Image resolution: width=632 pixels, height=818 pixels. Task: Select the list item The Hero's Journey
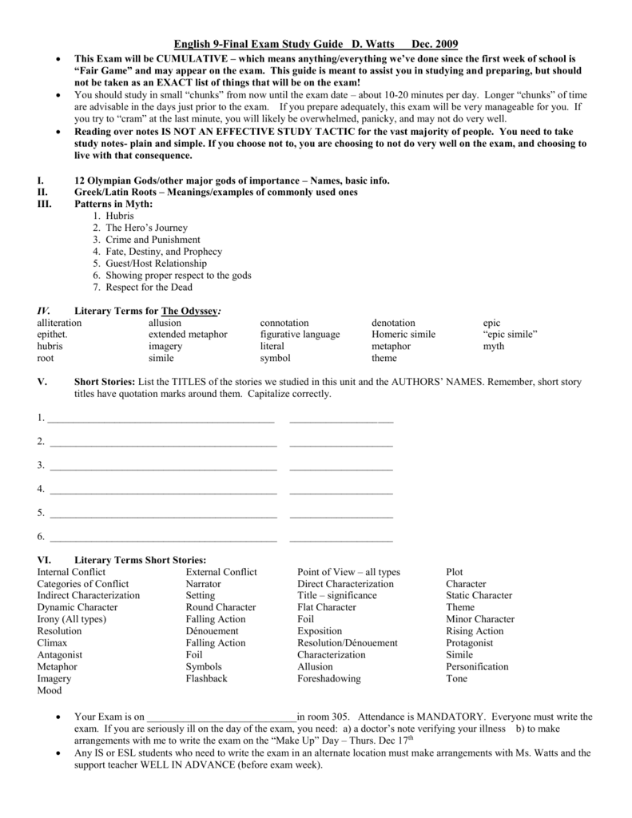pyautogui.click(x=146, y=228)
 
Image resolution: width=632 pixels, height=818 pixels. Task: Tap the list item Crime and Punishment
pyautogui.click(x=153, y=240)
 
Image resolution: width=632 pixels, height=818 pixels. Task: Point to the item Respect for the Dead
pyautogui.click(x=149, y=288)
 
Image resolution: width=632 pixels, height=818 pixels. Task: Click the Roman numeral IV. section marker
pyautogui.click(x=44, y=310)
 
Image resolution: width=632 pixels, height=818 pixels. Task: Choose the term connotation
pyautogui.click(x=284, y=323)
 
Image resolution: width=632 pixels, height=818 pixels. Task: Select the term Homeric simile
pyautogui.click(x=403, y=335)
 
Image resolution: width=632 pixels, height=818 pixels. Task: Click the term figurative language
pyautogui.click(x=300, y=335)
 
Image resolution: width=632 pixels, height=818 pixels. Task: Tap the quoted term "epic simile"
pyautogui.click(x=511, y=335)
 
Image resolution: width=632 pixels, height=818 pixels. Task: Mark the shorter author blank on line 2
pyautogui.click(x=341, y=443)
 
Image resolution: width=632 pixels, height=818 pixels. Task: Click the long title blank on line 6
pyautogui.click(x=163, y=539)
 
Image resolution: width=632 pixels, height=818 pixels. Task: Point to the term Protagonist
pyautogui.click(x=471, y=643)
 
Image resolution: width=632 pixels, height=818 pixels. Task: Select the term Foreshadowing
pyautogui.click(x=328, y=679)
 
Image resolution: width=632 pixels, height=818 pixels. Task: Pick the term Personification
pyautogui.click(x=477, y=667)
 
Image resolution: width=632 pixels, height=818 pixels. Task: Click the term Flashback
pyautogui.click(x=206, y=679)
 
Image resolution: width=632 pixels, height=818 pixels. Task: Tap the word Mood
pyautogui.click(x=49, y=691)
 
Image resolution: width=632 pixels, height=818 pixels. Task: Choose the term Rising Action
pyautogui.click(x=475, y=631)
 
